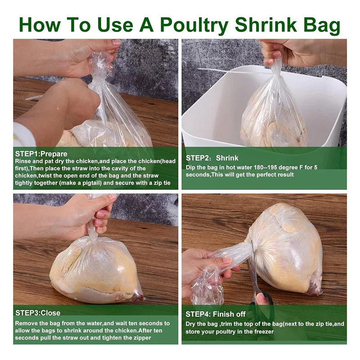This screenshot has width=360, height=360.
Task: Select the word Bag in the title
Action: (321, 26)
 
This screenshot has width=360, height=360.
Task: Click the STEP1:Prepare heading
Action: (41, 154)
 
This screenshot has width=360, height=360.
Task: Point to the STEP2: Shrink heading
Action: (212, 158)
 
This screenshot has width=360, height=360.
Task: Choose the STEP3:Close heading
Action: (38, 313)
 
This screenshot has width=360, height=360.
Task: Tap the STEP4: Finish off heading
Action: (216, 314)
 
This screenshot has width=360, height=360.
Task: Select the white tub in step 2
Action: (264, 108)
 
